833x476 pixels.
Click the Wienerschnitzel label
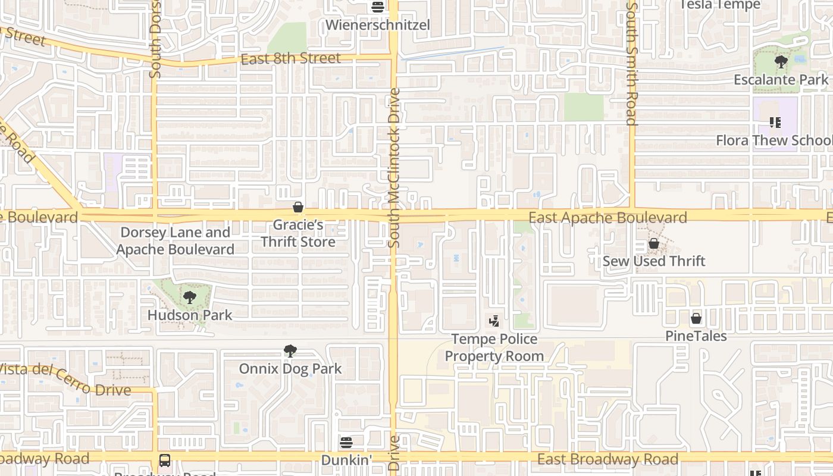(377, 26)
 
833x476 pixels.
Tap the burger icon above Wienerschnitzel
(377, 7)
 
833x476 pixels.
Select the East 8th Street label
(290, 58)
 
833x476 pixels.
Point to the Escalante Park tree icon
(781, 61)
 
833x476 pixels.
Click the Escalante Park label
(781, 80)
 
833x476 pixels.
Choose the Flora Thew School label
(774, 140)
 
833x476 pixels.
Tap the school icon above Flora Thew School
(775, 123)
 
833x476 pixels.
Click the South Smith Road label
(632, 63)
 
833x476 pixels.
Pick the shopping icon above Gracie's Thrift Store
(298, 207)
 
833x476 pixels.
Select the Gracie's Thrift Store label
(298, 233)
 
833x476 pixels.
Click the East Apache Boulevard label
(607, 218)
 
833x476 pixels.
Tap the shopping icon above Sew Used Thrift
(654, 243)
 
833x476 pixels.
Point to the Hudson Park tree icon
(190, 297)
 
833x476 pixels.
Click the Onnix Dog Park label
(290, 369)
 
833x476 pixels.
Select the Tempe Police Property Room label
(494, 347)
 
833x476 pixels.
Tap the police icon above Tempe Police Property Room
(494, 322)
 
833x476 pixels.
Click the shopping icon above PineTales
(696, 318)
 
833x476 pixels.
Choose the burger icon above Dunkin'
(346, 442)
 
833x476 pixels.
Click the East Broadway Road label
(607, 459)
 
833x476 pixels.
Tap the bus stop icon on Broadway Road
(165, 461)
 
